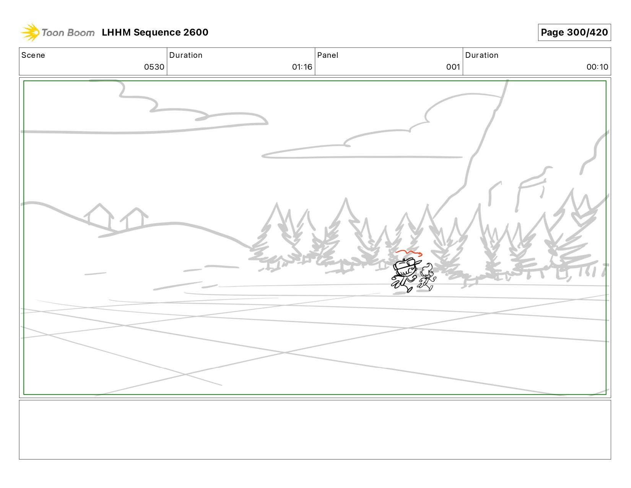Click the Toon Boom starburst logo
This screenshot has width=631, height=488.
point(30,32)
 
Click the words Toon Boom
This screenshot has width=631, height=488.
point(68,33)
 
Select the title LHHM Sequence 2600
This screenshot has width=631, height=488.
point(155,32)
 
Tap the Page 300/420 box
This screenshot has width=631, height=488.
point(574,32)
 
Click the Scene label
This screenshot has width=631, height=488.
point(33,55)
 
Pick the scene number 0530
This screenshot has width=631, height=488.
point(154,67)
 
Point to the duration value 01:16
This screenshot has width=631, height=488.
point(302,67)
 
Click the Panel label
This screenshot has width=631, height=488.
point(328,55)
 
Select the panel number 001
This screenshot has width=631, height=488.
point(453,67)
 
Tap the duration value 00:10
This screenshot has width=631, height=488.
point(597,67)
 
